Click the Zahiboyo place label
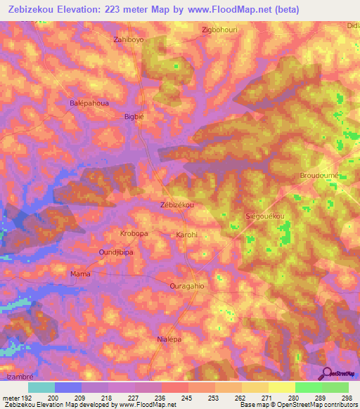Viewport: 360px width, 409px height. pos(129,39)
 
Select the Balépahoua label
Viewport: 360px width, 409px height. pos(89,103)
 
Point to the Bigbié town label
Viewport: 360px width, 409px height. pos(134,117)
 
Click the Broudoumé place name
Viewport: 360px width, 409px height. pos(319,174)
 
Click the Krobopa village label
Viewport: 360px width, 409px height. pos(134,233)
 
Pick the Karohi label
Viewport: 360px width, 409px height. pos(186,234)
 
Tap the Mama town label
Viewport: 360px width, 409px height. pos(80,274)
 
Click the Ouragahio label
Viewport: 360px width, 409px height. pos(187,286)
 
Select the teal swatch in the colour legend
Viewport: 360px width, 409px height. pos(41,387)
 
